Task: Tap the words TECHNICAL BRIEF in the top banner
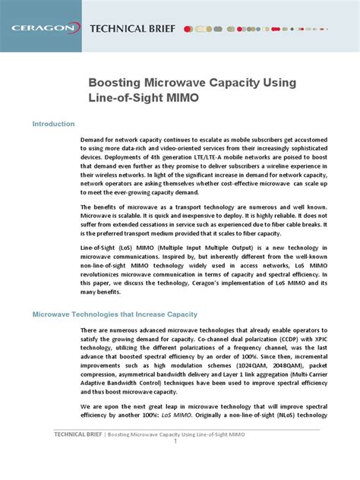(x=132, y=29)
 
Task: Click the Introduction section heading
(x=52, y=124)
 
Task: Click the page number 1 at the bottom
(x=175, y=442)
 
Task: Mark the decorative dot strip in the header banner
(x=251, y=29)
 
